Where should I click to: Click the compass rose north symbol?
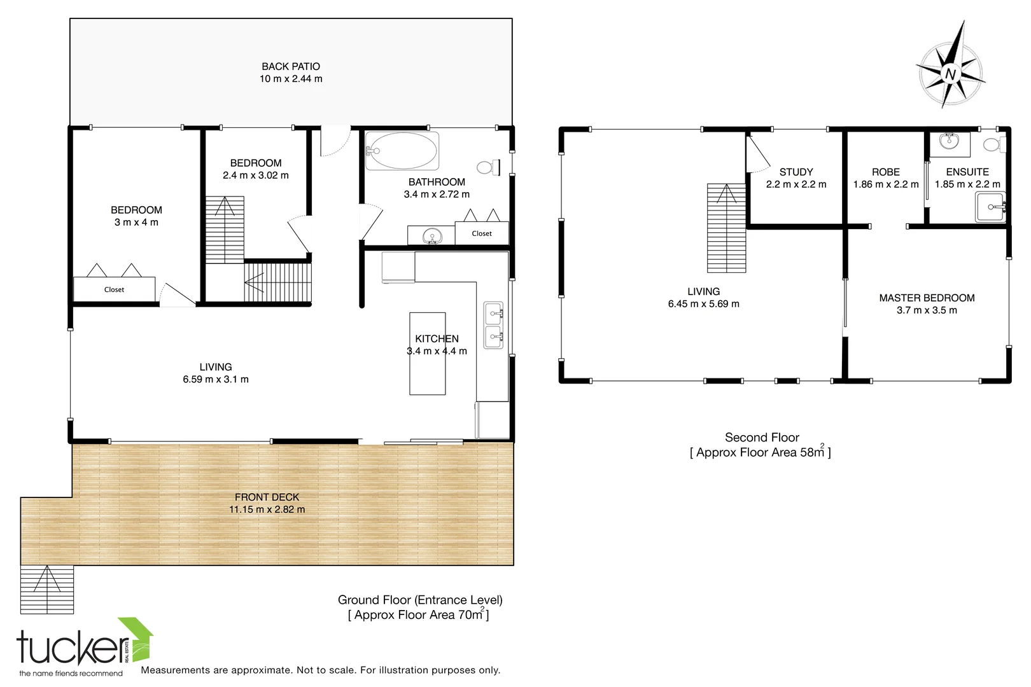(950, 73)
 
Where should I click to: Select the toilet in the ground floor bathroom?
(487, 168)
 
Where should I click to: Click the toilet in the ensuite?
(992, 145)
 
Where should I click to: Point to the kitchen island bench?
(427, 353)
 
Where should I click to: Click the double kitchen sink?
(493, 325)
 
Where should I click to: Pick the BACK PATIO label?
(291, 66)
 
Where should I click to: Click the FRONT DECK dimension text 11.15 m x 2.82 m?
(267, 510)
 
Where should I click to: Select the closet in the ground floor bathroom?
(482, 233)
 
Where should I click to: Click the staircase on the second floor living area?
(726, 228)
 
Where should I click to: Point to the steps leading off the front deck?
(47, 589)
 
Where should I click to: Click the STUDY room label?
(796, 172)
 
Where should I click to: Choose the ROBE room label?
(885, 172)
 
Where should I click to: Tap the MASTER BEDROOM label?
(927, 298)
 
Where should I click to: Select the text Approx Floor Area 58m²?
(761, 453)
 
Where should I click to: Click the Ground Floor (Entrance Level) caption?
(420, 600)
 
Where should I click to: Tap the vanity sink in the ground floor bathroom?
(433, 236)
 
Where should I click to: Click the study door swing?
(758, 156)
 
